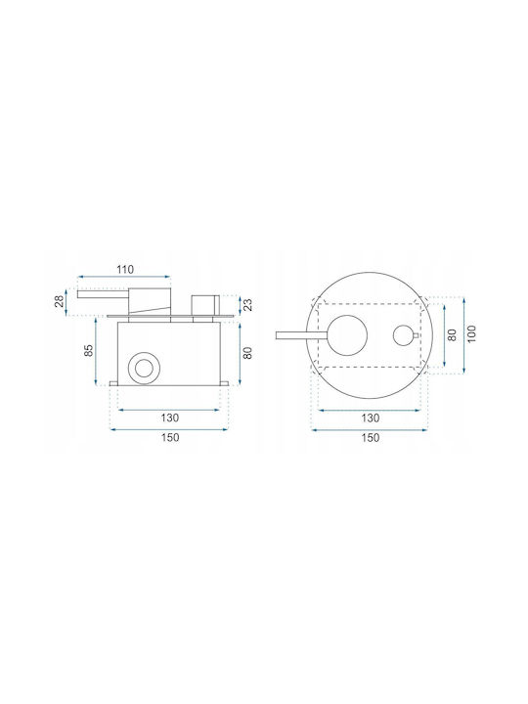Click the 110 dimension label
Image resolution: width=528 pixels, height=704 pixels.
click(x=125, y=270)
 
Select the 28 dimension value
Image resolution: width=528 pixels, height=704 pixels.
click(x=60, y=302)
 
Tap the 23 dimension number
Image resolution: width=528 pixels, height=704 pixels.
click(x=248, y=304)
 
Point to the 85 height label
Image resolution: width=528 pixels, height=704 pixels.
click(x=89, y=350)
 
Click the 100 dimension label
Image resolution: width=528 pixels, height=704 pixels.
click(x=471, y=333)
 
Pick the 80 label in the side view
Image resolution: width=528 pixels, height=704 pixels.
click(x=247, y=353)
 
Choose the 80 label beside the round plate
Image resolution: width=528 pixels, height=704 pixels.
click(x=452, y=335)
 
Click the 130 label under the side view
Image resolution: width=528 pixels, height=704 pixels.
click(x=170, y=418)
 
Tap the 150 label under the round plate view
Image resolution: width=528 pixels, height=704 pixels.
click(x=370, y=438)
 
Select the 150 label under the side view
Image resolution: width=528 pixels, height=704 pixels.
click(x=170, y=437)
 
